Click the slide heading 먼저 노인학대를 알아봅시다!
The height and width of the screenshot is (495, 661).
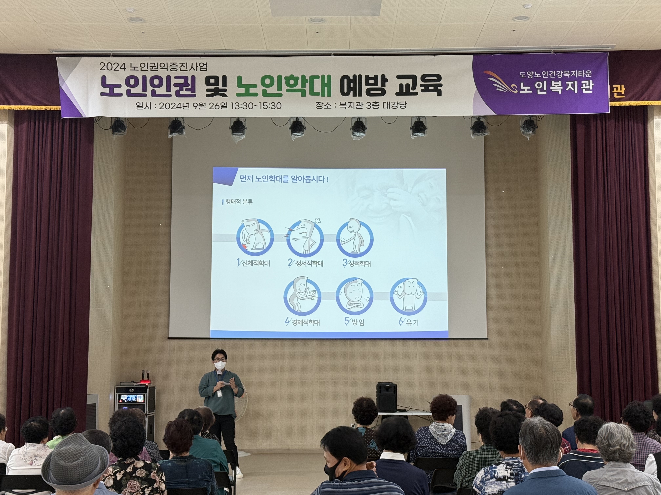(284, 180)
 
